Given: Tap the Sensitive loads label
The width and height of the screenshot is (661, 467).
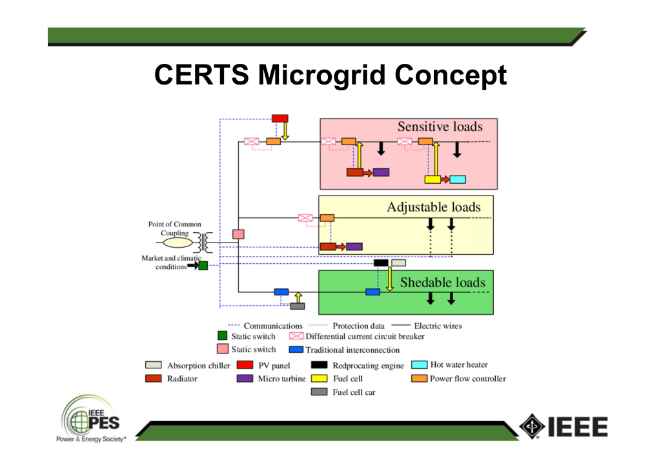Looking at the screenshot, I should point(440,127).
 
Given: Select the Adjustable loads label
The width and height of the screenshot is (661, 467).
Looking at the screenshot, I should point(433,207).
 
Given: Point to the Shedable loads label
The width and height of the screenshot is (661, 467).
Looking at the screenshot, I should point(442,283).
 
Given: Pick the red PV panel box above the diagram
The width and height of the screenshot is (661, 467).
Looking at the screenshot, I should point(280,118).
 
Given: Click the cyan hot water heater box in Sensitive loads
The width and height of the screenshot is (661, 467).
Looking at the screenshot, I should point(458,179).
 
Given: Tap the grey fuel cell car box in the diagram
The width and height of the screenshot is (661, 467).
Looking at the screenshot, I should point(298,306).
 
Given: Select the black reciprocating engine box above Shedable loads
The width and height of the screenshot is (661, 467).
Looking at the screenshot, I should point(381,263).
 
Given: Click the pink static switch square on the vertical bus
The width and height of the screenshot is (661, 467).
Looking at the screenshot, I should point(238,234).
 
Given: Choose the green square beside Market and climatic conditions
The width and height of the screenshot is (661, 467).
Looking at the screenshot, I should point(203,265).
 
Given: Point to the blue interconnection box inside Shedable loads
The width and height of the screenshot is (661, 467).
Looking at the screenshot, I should point(372,292).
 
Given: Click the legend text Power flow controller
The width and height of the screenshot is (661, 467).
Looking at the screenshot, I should point(467,379).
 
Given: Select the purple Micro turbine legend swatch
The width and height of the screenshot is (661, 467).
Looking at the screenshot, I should point(245,379).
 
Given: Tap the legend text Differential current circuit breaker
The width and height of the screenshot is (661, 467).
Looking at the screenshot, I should point(365,336).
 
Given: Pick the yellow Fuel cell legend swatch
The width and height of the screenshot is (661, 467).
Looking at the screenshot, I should point(320,379).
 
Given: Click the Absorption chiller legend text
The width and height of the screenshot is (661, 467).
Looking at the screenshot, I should point(198,366).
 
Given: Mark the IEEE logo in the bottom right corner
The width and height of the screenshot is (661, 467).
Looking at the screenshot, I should point(563,427).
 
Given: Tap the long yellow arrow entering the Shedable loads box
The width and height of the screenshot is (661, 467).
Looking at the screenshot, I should point(390,279).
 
